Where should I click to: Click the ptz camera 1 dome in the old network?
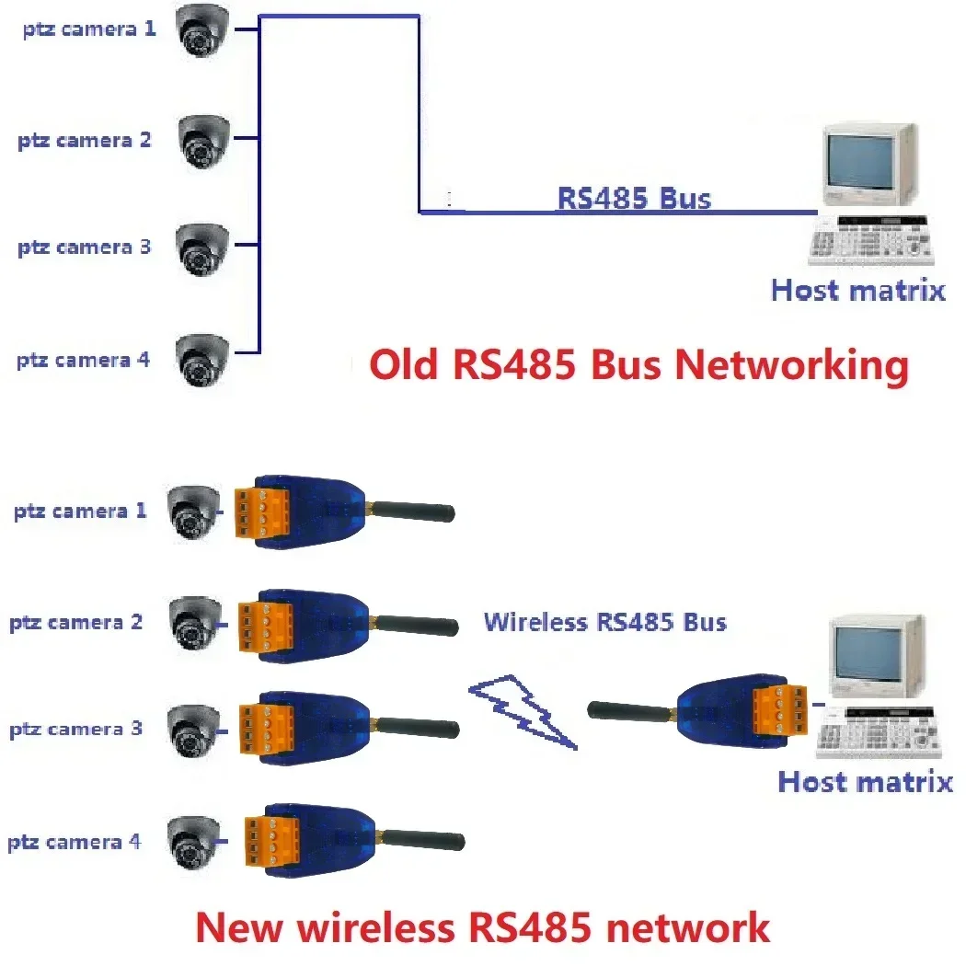pyautogui.click(x=203, y=30)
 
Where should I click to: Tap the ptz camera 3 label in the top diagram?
pyautogui.click(x=84, y=247)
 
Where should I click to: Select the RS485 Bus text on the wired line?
pyautogui.click(x=634, y=198)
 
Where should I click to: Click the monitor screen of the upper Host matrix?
pyautogui.click(x=861, y=160)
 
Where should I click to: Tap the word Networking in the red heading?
pyautogui.click(x=792, y=366)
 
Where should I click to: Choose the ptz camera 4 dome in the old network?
pyautogui.click(x=202, y=358)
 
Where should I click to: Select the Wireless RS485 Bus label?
pyautogui.click(x=605, y=622)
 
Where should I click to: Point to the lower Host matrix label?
pyautogui.click(x=865, y=782)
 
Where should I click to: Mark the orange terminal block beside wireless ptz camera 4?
pyautogui.click(x=267, y=839)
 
